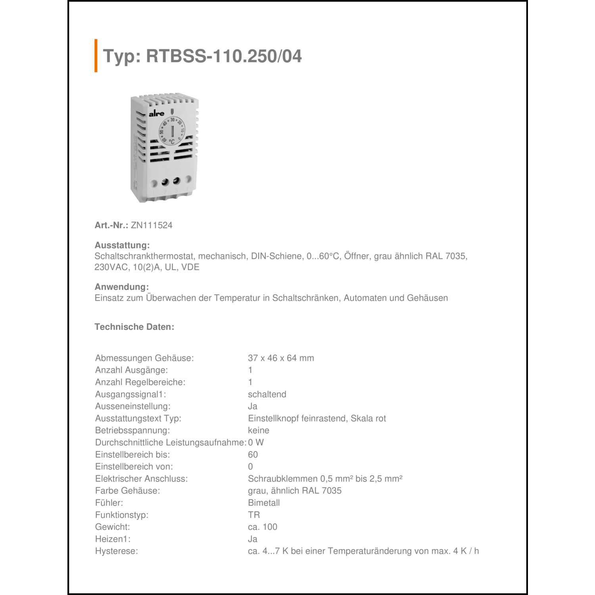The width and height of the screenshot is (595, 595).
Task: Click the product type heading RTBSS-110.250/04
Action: click(x=202, y=56)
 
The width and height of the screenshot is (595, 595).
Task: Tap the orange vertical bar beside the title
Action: click(x=96, y=56)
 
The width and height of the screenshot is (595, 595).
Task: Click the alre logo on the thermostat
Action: click(x=156, y=114)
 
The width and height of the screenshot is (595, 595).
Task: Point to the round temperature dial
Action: click(x=172, y=131)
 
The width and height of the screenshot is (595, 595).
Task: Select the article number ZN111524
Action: click(x=152, y=225)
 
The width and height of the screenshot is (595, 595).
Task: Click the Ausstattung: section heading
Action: click(x=122, y=245)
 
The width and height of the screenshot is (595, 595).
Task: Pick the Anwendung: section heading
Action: click(x=122, y=287)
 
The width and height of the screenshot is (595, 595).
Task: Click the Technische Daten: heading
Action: click(x=134, y=327)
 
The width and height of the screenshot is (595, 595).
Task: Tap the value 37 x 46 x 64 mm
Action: click(x=281, y=358)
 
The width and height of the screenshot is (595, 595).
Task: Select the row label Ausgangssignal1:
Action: click(x=131, y=394)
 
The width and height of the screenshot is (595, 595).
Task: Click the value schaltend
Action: click(x=267, y=394)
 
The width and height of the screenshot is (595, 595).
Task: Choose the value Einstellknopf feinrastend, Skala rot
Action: click(x=317, y=418)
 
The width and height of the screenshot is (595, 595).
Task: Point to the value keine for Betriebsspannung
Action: click(x=259, y=430)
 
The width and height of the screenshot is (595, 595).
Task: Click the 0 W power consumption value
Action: click(x=256, y=443)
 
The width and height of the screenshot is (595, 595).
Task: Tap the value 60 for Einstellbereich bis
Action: click(x=253, y=455)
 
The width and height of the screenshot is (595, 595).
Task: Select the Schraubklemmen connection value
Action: click(x=325, y=479)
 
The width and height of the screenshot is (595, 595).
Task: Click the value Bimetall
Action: click(x=264, y=503)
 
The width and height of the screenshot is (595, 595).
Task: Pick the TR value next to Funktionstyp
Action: click(x=254, y=515)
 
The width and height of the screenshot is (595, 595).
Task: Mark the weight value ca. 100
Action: click(x=263, y=527)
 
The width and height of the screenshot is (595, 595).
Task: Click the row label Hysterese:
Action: click(x=117, y=551)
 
